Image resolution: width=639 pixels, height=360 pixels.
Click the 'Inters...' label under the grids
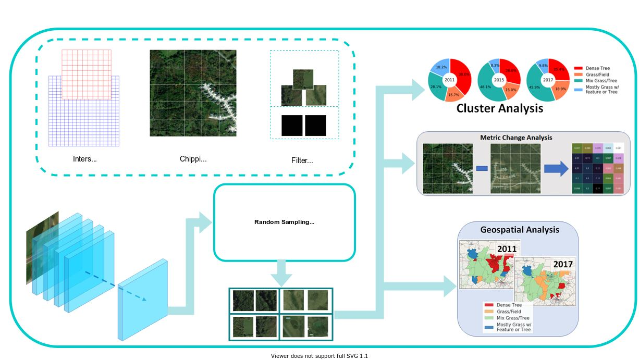click(x=84, y=159)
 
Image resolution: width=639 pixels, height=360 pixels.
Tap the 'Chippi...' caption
click(x=193, y=159)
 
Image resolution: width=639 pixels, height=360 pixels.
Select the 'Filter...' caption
click(x=302, y=160)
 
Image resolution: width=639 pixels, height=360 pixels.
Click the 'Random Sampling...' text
click(x=284, y=222)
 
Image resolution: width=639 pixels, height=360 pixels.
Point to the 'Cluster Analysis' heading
click(x=499, y=108)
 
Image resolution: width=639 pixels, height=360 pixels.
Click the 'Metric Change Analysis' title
click(x=515, y=138)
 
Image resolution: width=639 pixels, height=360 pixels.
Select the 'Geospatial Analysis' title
click(x=519, y=230)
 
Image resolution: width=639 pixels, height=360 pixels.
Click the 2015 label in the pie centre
click(x=499, y=80)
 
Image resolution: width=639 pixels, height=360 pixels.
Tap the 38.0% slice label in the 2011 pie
click(x=464, y=75)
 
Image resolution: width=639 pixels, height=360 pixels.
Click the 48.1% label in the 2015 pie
click(x=486, y=87)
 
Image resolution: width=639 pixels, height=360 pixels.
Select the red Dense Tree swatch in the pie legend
click(x=577, y=68)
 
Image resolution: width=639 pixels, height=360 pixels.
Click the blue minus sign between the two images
click(x=482, y=168)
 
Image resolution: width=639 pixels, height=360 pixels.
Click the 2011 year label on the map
click(x=506, y=249)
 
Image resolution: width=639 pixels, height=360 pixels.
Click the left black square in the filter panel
click(x=292, y=126)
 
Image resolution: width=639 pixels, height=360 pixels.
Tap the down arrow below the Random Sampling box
click(x=284, y=273)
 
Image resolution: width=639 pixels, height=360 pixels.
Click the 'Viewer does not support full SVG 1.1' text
click(x=319, y=356)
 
